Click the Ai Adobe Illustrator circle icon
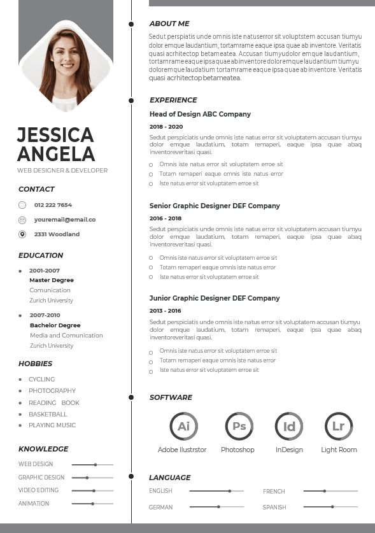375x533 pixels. [183, 426]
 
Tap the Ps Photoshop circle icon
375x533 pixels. [239, 426]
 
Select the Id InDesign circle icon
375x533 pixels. [289, 426]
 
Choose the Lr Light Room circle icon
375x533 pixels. [338, 426]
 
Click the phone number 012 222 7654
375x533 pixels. [53, 205]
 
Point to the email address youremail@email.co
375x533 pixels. [65, 220]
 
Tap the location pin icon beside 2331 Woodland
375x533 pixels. [22, 234]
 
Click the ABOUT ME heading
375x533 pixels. [169, 24]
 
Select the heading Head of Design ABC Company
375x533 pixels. [200, 115]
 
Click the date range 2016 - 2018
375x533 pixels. [166, 218]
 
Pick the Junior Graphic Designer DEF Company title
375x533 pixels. [215, 298]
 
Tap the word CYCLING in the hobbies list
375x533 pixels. [42, 380]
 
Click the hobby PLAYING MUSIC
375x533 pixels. [52, 425]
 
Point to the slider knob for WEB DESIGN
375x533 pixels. [96, 465]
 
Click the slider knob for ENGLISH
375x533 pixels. [229, 491]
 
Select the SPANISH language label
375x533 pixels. [274, 508]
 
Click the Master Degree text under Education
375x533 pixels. [52, 280]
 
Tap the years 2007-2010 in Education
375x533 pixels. [45, 315]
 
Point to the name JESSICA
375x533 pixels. [55, 135]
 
